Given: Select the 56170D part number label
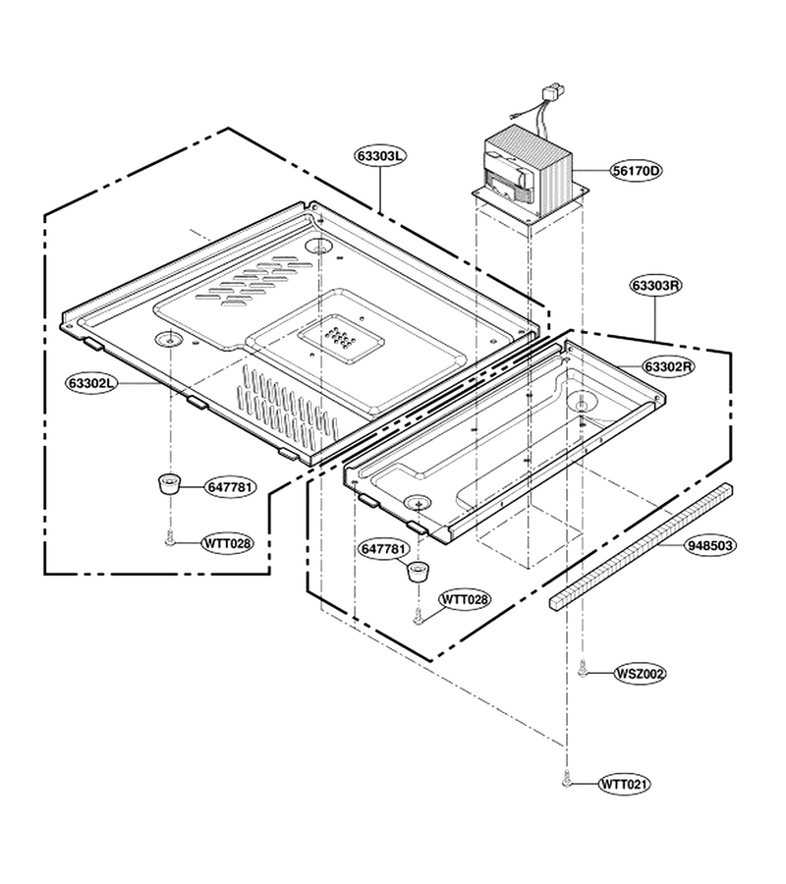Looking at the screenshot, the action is [636, 170].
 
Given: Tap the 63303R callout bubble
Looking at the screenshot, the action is [655, 285].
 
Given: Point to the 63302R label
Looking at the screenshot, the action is [668, 366].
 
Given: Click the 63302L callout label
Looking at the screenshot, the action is [92, 383].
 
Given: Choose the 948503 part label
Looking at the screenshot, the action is [710, 545].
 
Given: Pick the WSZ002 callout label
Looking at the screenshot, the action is [640, 673].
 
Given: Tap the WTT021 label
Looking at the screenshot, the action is [624, 784].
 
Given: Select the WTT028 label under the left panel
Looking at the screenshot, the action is [228, 543].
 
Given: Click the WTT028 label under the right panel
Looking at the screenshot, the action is [465, 598].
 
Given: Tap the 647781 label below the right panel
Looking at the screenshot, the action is [383, 548].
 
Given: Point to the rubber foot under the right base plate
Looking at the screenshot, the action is [420, 572].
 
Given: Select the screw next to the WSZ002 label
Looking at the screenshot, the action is [583, 669].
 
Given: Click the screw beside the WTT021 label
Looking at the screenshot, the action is [567, 780].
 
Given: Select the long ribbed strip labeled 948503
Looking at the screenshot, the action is [642, 547].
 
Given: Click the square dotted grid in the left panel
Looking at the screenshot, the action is [341, 341].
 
